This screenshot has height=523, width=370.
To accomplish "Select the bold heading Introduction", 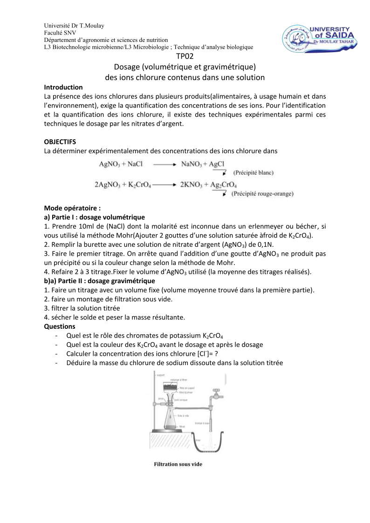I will click(x=63, y=87).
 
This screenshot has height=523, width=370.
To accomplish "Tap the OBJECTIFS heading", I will click(x=60, y=141).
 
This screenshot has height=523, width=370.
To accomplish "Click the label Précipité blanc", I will click(x=254, y=173).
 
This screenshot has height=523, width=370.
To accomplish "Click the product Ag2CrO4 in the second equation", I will click(x=224, y=184).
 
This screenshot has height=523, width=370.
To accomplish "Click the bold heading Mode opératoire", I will click(x=72, y=208).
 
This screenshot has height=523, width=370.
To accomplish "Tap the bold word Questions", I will click(x=60, y=326).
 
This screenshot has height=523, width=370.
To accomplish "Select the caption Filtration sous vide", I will click(x=178, y=464).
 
